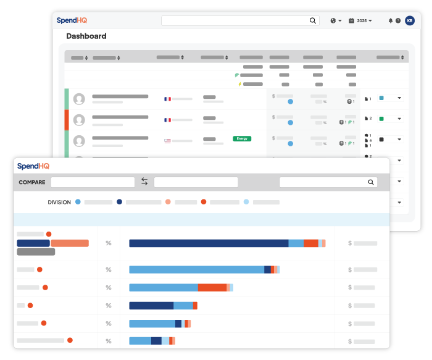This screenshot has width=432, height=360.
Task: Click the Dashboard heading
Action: (x=86, y=36)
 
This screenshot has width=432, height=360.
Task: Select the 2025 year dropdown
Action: (x=360, y=20)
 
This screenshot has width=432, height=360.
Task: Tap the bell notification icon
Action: (x=391, y=20)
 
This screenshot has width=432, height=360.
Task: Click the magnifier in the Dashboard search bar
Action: (x=313, y=20)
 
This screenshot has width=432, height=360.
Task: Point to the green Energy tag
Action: (x=242, y=138)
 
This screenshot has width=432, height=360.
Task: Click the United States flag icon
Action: (x=167, y=140)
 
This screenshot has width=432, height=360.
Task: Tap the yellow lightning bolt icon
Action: (x=239, y=84)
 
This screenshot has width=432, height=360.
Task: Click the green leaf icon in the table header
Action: (x=238, y=75)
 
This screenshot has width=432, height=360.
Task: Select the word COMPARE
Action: (x=32, y=183)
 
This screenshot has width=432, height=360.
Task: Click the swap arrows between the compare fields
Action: (x=144, y=182)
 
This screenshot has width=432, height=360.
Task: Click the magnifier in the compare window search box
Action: (x=371, y=182)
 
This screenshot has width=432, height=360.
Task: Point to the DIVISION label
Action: (x=59, y=202)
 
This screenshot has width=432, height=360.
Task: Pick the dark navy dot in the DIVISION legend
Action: (x=119, y=202)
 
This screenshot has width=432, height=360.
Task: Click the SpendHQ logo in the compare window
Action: (x=33, y=166)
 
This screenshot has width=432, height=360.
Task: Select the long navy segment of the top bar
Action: (x=209, y=243)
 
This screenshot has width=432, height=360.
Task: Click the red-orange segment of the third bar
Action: (x=212, y=288)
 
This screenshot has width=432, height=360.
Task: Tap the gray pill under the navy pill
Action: (x=36, y=252)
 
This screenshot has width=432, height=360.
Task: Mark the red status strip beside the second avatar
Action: (x=67, y=120)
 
